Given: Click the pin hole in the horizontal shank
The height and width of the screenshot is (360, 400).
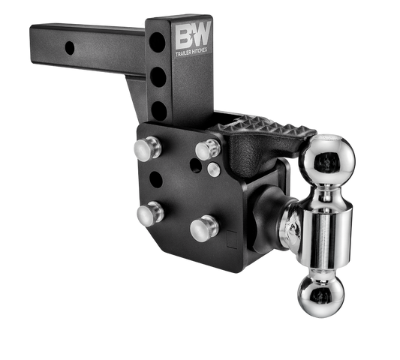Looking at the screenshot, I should [69, 47].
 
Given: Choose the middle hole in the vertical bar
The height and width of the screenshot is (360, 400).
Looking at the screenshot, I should [158, 76].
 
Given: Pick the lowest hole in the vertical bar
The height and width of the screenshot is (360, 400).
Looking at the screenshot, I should [158, 109].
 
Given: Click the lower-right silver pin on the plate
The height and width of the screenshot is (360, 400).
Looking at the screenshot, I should [201, 227].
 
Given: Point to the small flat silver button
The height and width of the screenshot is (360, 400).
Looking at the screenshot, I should [214, 169].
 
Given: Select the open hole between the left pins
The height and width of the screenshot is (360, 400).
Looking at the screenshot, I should [155, 180].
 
